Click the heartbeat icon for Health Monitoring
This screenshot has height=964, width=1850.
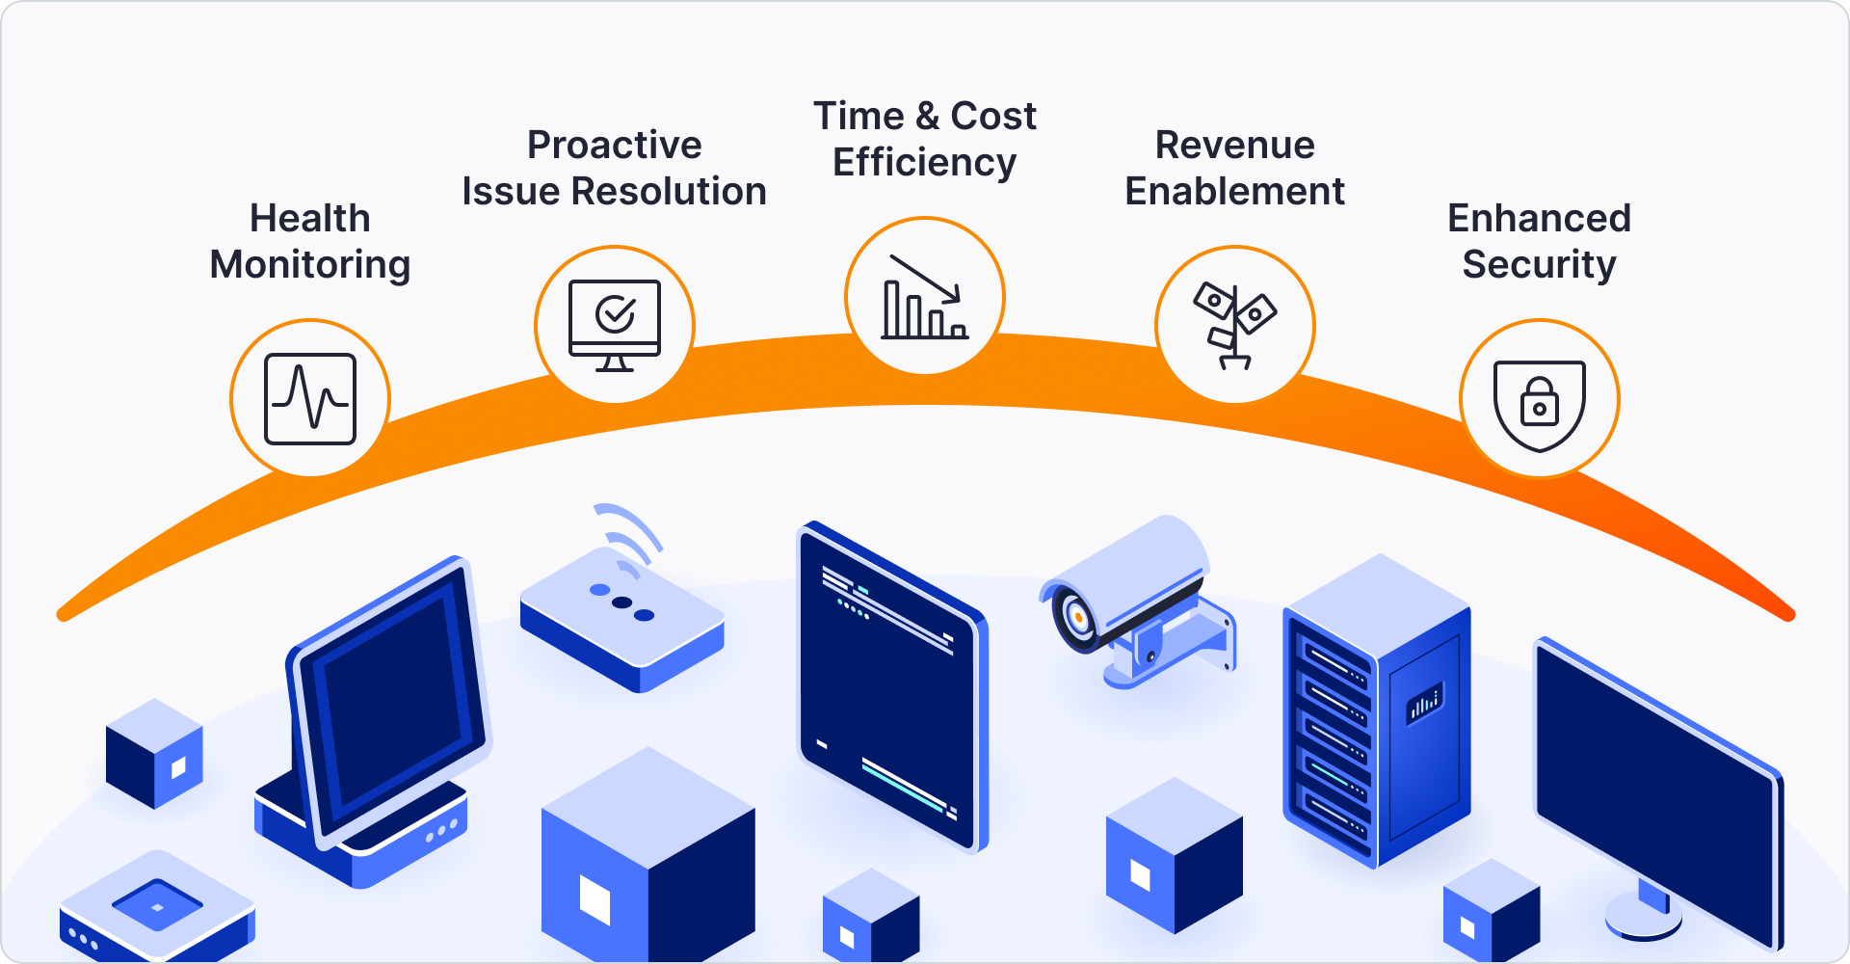point(310,399)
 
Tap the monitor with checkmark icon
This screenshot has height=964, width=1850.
point(615,324)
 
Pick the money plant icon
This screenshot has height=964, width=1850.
point(1234,325)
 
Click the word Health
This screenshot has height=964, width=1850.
point(310,219)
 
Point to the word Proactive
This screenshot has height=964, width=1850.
point(615,146)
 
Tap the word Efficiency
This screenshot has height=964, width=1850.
point(925,163)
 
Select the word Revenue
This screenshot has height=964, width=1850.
point(1235,146)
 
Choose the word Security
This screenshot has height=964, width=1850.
point(1539,265)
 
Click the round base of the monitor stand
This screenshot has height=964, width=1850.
point(1643,916)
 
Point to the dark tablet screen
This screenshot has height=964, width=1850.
point(886,684)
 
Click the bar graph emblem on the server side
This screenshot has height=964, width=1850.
point(1425,704)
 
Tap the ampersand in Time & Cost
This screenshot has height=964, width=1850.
point(928,117)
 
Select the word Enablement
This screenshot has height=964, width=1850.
point(1235,192)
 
